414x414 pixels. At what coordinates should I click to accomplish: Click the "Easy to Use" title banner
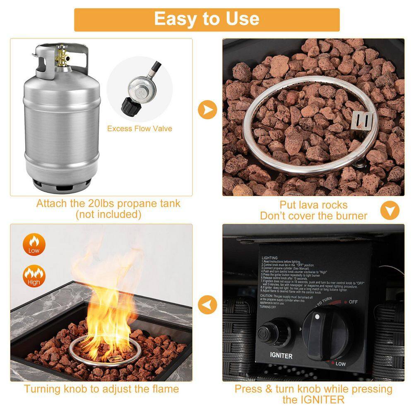pos(207,19)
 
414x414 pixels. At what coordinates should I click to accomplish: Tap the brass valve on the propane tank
pos(63,56)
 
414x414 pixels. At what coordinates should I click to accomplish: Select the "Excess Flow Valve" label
pos(140,129)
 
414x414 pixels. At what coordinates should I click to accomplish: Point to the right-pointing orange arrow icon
pos(207,110)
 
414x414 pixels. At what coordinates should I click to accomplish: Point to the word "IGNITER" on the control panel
pos(281,356)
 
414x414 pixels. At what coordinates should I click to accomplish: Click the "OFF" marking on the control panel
pos(353,302)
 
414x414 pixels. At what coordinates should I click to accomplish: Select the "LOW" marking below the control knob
pos(340,364)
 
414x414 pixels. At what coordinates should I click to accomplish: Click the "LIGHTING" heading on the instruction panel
pos(270,258)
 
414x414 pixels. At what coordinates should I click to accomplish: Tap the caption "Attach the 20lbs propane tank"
pos(108,204)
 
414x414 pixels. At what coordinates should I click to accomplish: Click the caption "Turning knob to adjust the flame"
pos(101,389)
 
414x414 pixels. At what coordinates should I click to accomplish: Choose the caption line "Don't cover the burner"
pos(313,216)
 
